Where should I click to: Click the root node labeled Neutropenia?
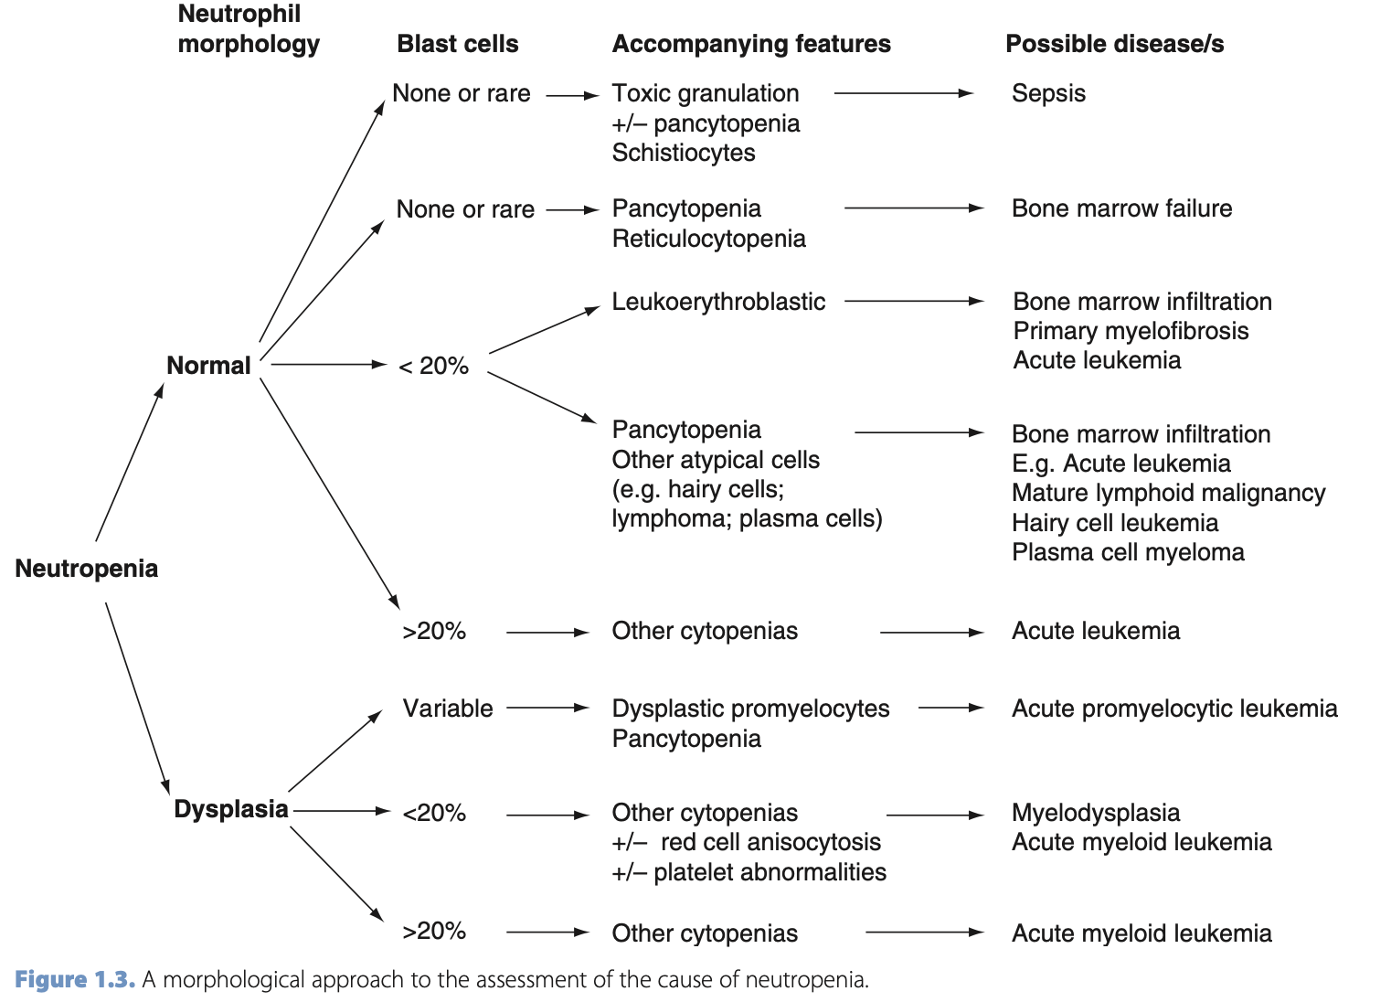click(x=87, y=569)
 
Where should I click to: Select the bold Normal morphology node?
click(x=208, y=366)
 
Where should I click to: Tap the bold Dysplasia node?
click(x=231, y=809)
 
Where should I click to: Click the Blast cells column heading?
click(x=457, y=44)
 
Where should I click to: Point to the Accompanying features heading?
click(x=751, y=44)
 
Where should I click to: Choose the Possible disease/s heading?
click(x=1114, y=44)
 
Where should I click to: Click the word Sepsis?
click(x=1048, y=93)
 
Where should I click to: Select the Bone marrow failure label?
click(x=1121, y=208)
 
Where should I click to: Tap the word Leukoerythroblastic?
click(x=718, y=302)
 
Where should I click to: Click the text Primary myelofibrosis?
click(x=1131, y=331)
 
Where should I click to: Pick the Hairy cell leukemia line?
click(x=1115, y=523)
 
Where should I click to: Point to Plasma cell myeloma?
click(x=1128, y=552)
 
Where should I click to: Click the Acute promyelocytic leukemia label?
click(x=1174, y=709)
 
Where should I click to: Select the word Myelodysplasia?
click(x=1096, y=813)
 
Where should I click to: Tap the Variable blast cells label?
click(x=448, y=709)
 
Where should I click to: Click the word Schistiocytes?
click(x=684, y=153)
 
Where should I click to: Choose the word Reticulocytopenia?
click(x=709, y=239)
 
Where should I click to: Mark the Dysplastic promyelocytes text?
click(x=750, y=709)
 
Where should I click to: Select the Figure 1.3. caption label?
click(x=75, y=980)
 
